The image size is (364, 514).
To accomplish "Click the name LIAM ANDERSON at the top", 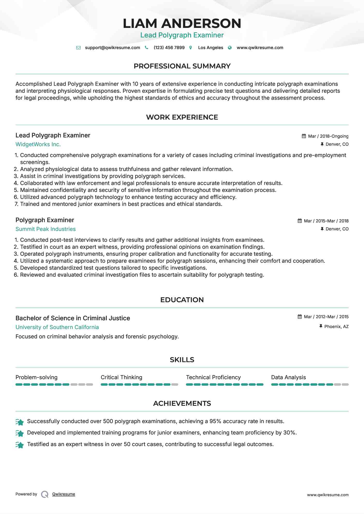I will tap(182, 24).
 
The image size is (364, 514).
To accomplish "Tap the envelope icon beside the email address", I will tap(78, 48).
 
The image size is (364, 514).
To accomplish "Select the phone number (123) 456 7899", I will tap(169, 48).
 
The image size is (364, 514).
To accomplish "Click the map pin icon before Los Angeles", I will tap(191, 48).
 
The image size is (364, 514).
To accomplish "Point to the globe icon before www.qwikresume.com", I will tap(230, 48).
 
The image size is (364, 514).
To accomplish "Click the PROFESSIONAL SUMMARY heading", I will tap(182, 66).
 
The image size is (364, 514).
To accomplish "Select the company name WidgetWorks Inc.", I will tap(38, 144).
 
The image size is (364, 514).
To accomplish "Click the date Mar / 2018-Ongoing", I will tap(328, 136).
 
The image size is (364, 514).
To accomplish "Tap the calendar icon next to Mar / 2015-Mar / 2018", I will tap(300, 221).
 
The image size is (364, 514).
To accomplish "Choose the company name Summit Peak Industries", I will tap(46, 229).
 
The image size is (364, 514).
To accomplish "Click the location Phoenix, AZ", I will tap(336, 326).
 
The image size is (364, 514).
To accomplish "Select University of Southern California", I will tap(57, 327).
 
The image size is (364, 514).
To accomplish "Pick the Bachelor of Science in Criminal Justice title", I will tap(73, 318).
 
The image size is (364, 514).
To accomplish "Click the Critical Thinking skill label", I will tap(121, 377).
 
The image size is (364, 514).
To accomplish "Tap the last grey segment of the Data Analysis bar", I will tap(345, 385).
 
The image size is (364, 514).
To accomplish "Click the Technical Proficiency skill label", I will tap(213, 377).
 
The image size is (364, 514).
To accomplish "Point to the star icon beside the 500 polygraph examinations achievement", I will tap(20, 422).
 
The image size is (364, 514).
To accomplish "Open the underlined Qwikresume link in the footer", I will tap(64, 494).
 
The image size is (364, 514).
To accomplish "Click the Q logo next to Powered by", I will tap(45, 494).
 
